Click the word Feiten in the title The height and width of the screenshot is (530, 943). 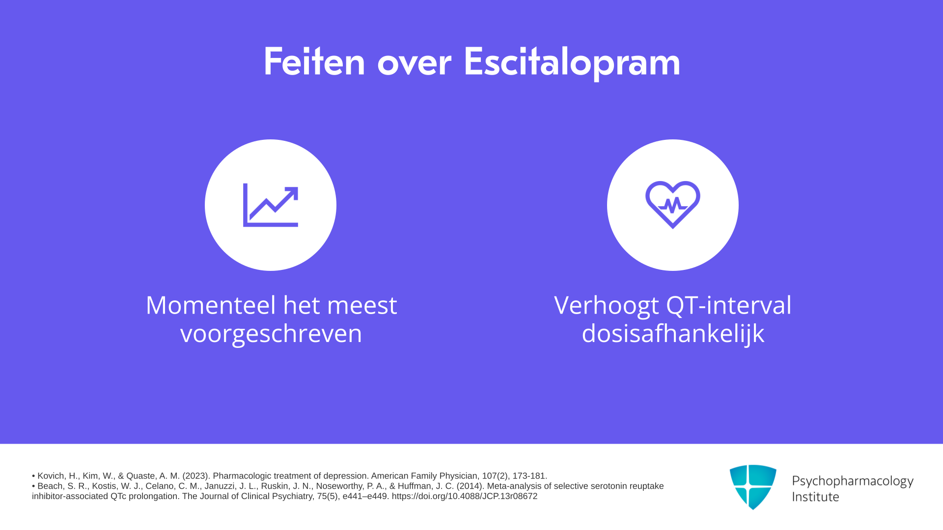314,61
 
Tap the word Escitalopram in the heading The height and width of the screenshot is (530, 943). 572,62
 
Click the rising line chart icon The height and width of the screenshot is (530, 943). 271,205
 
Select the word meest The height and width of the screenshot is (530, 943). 362,305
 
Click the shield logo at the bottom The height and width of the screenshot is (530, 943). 753,487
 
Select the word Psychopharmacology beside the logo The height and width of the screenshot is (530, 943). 853,481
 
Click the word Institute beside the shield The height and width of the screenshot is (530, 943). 815,497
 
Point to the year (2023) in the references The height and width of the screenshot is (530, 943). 196,476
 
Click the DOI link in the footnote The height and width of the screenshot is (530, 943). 465,496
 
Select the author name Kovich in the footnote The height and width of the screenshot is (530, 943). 52,476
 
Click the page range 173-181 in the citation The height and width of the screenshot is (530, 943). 529,476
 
